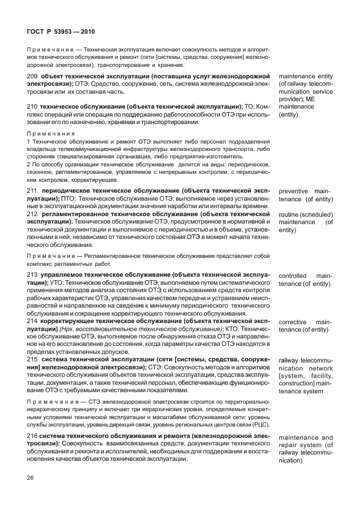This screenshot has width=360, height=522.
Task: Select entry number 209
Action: coord(32,76)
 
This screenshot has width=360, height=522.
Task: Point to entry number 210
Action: coord(32,106)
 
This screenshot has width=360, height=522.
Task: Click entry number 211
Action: coord(32,190)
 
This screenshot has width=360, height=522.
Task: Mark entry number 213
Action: coord(32,275)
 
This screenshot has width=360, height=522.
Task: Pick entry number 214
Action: coord(32,321)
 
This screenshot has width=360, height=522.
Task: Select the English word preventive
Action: coord(293,191)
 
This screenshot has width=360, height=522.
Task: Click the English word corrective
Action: coord(293,322)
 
